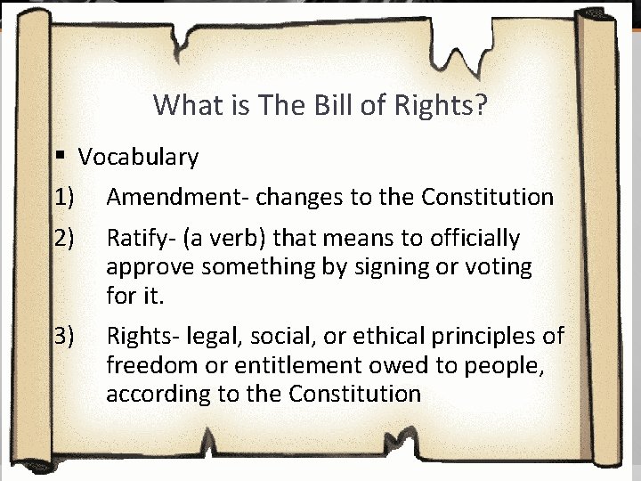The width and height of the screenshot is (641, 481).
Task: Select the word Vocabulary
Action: click(x=138, y=158)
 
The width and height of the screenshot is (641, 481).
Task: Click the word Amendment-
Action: click(x=170, y=197)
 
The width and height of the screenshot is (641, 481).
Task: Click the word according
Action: click(x=155, y=393)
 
